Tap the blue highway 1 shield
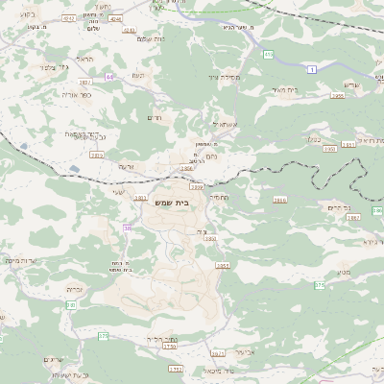pyautogui.click(x=311, y=70)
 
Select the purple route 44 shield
pyautogui.click(x=110, y=76)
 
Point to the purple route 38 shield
pyautogui.click(x=127, y=228)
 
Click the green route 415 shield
pyautogui.click(x=268, y=54)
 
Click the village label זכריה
pyautogui.click(x=75, y=288)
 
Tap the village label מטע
pyautogui.click(x=344, y=272)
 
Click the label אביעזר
pyautogui.click(x=253, y=352)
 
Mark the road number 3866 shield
pyautogui.click(x=279, y=200)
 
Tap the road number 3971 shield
pyautogui.click(x=218, y=353)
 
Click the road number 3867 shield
pyautogui.click(x=353, y=218)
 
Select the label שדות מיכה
pyautogui.click(x=21, y=259)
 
